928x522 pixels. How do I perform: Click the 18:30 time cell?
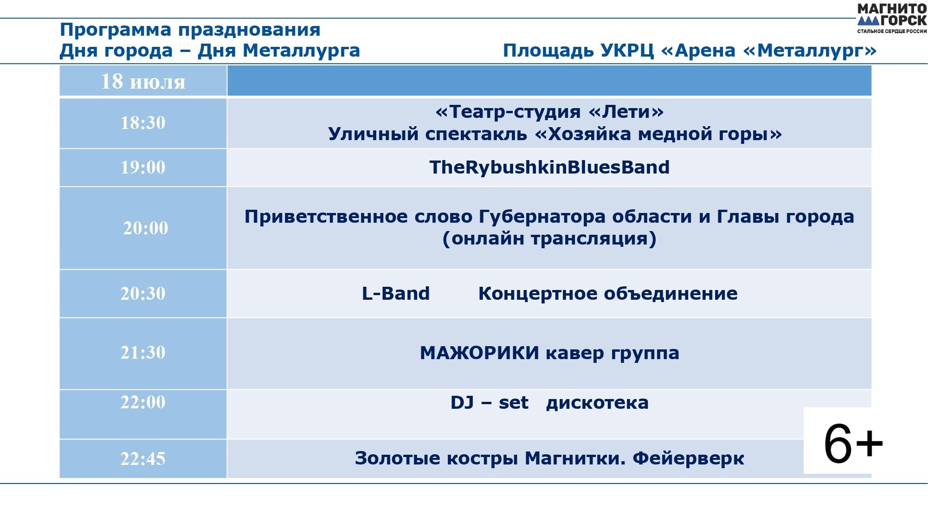coord(143,123)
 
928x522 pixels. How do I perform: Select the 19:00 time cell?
coord(143,168)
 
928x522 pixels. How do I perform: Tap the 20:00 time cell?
coord(143,228)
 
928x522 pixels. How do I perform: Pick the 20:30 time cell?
coord(143,294)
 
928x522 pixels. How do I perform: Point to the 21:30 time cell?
coord(143,353)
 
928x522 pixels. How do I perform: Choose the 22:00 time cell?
coord(143,414)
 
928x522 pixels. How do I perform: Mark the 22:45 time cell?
coord(143,459)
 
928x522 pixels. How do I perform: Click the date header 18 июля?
coord(143,81)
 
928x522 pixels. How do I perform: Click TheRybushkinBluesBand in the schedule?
coord(549,168)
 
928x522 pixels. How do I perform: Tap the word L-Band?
coord(396,294)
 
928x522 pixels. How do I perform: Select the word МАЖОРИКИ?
coord(479,353)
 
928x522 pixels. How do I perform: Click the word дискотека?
coord(597,403)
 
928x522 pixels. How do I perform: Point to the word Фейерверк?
coord(689,458)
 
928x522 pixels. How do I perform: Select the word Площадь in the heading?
coord(548,51)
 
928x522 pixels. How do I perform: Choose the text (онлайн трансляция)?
coord(549,239)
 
